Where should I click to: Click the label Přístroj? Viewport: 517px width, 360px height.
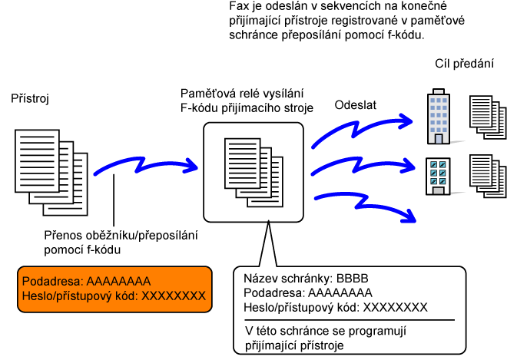29,99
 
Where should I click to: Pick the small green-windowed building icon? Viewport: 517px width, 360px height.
436,175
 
